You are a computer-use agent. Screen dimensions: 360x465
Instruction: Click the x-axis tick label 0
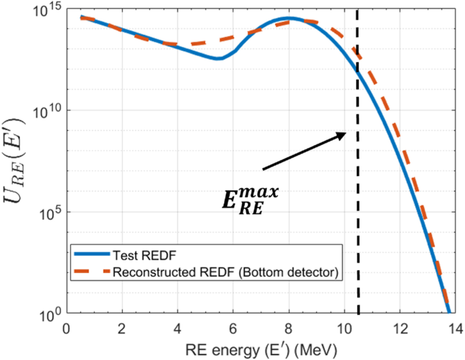67,329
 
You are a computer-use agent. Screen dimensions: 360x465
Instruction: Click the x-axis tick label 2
122,329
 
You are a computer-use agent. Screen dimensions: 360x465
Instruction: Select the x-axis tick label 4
178,329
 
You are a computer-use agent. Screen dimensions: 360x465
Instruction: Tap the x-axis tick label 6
233,329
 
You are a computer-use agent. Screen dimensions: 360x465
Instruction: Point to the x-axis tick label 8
289,329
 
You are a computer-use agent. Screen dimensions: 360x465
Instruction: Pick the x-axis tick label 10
344,329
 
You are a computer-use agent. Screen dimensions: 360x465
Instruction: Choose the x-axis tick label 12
400,329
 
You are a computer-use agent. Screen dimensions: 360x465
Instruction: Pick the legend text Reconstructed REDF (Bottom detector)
225,273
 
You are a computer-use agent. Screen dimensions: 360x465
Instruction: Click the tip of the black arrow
346,133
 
